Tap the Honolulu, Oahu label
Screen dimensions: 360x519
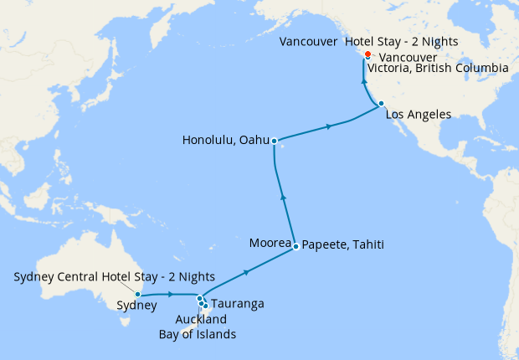click(x=225, y=141)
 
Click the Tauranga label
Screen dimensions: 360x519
click(x=238, y=303)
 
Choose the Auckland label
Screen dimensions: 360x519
click(x=201, y=319)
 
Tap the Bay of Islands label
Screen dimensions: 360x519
click(x=198, y=334)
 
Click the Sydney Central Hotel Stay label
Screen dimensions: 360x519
click(x=115, y=276)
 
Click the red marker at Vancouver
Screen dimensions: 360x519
click(x=367, y=54)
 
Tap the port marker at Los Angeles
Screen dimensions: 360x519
click(x=381, y=104)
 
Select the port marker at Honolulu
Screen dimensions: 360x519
click(x=274, y=141)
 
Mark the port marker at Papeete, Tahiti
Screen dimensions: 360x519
click(x=295, y=246)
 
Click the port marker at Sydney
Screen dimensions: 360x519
click(x=137, y=294)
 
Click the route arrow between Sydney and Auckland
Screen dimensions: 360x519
click(x=171, y=294)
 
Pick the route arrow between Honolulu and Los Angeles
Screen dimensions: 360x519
click(x=330, y=126)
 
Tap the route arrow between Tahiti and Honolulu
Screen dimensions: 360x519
click(x=283, y=197)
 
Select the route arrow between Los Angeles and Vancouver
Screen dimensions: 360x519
click(x=363, y=81)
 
